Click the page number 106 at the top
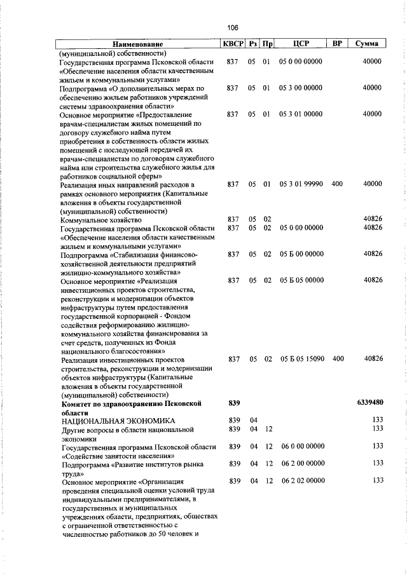232,27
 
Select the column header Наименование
137,44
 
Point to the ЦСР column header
301,44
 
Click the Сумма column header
368,44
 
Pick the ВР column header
338,44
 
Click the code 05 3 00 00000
301,88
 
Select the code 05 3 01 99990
301,184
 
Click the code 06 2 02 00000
301,480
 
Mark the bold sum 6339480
367,403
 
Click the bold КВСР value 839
233,403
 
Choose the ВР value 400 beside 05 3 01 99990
337,184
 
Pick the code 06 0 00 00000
301,447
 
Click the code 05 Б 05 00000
301,280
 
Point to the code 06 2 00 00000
301,464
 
